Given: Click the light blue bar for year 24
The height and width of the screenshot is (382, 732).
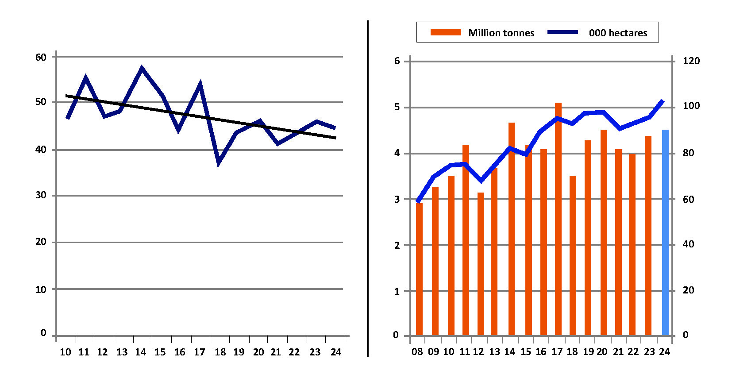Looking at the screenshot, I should (x=665, y=232).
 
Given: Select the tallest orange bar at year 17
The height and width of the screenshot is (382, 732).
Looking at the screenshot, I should (x=558, y=219).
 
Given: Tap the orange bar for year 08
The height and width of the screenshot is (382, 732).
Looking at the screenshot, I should (x=419, y=269).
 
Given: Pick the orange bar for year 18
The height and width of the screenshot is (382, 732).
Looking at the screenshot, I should (x=573, y=255).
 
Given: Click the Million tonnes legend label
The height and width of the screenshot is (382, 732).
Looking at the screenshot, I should (x=501, y=33).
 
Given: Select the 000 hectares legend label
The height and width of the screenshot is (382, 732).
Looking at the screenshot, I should (x=618, y=33).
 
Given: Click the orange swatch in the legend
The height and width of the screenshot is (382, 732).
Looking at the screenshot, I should (x=445, y=32).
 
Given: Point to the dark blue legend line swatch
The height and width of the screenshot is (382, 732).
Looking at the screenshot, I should (x=562, y=32).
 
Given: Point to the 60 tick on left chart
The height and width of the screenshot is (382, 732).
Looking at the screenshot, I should (x=41, y=57).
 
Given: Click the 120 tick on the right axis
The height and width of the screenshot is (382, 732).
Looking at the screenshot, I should (x=691, y=61).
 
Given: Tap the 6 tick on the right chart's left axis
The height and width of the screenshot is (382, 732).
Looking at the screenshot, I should (x=397, y=61).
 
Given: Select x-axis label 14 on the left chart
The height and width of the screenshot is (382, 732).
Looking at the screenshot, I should (x=140, y=352).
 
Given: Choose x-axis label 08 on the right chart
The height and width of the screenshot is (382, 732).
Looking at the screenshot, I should (x=417, y=352).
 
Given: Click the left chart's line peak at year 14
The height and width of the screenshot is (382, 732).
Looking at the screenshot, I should (x=142, y=69).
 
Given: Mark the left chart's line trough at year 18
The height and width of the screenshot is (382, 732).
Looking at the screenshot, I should (x=219, y=163).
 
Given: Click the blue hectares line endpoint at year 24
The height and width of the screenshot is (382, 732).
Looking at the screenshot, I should (x=663, y=101).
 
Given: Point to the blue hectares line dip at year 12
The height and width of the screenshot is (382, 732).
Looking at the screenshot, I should (x=481, y=181).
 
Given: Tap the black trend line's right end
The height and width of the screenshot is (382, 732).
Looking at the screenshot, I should (x=335, y=138).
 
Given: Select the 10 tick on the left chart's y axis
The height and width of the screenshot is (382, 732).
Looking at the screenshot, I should (x=41, y=290).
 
